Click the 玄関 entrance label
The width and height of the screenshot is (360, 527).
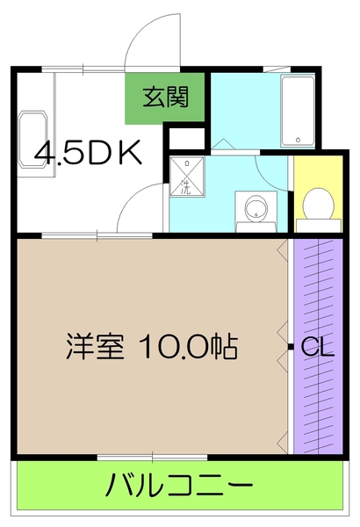click(x=167, y=97)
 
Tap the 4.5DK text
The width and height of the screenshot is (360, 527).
click(x=88, y=153)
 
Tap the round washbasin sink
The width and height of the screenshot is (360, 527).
click(x=256, y=209)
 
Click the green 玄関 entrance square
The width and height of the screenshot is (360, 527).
click(x=167, y=97)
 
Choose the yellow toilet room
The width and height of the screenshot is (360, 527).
click(x=316, y=193)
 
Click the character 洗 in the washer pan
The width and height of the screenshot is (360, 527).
click(x=186, y=186)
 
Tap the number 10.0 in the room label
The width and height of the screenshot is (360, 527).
click(x=180, y=347)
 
